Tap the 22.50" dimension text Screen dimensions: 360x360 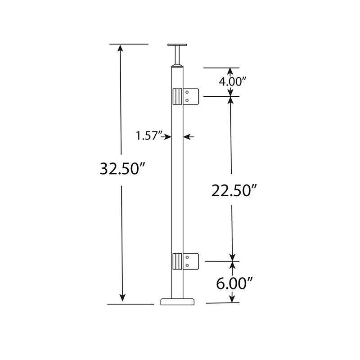coord(234,190)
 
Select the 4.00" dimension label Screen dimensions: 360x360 coord(233,81)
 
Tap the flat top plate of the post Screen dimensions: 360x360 coord(177,45)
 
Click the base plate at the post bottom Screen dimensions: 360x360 coord(177,301)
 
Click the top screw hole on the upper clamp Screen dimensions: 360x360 coord(187,93)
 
